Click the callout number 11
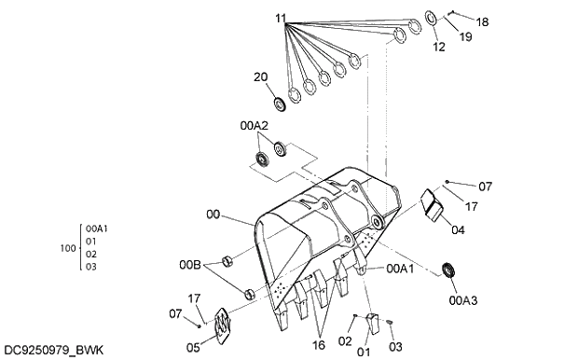tap(282, 18)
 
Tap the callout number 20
tap(261, 77)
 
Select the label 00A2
tap(254, 124)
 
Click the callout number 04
tap(458, 228)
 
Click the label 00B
tap(191, 265)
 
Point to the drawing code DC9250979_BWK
tap(53, 350)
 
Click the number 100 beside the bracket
tap(66, 248)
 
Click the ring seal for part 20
tap(278, 101)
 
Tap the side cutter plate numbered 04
tap(433, 205)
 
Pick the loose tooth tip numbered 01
tap(373, 323)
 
